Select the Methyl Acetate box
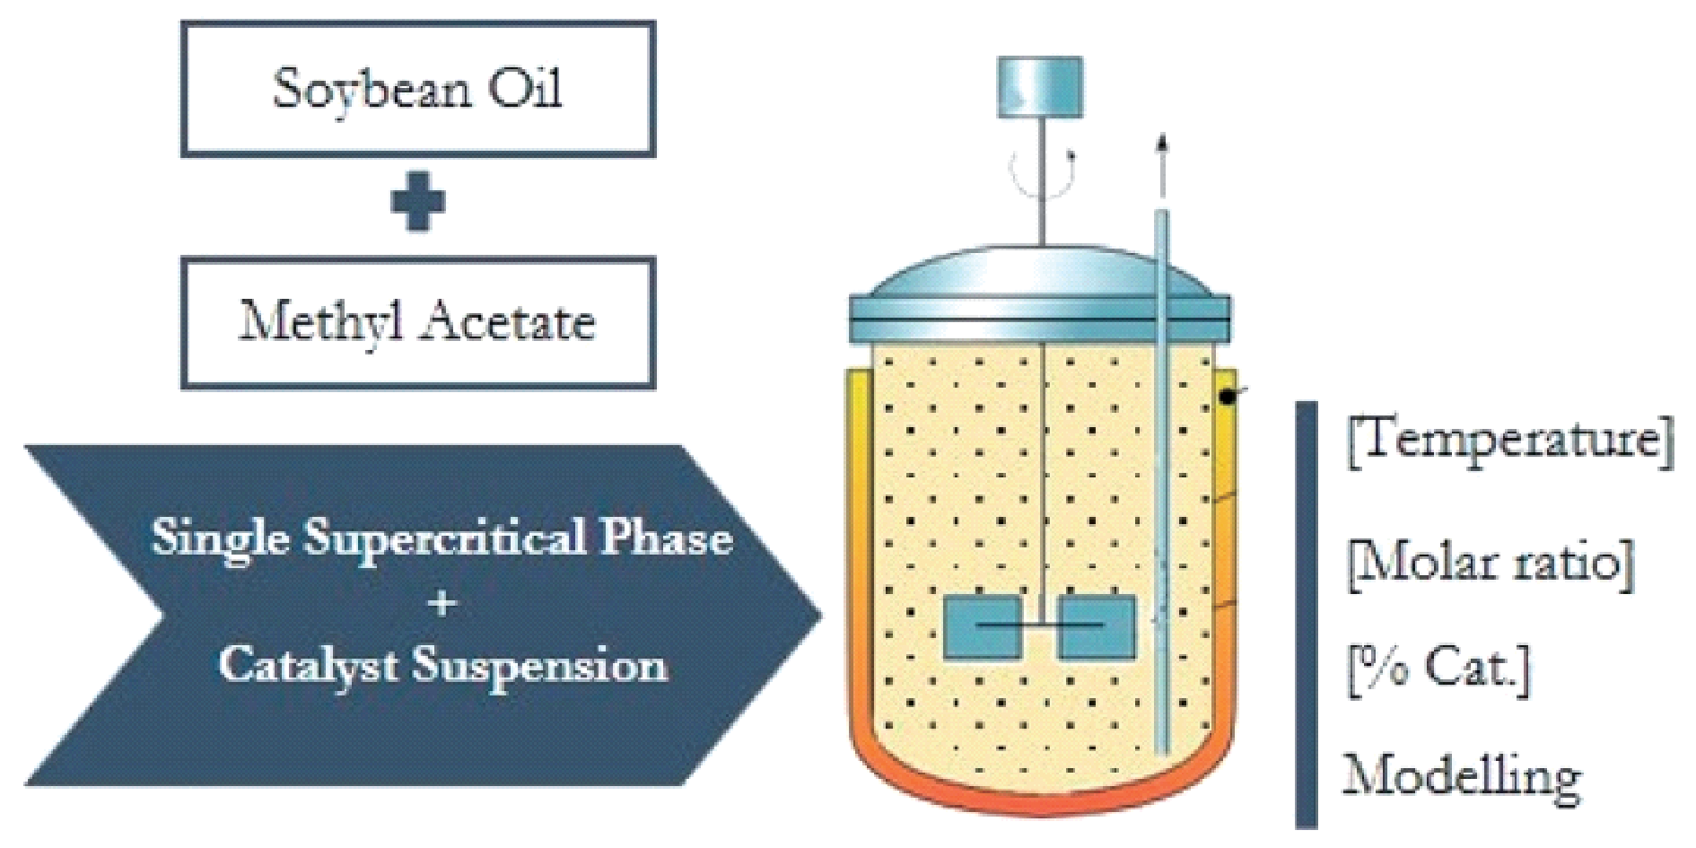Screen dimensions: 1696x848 coord(418,323)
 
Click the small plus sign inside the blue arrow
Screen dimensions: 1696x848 coord(441,604)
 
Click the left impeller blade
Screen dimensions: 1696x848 coord(984,626)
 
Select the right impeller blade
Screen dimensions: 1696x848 coord(1097,626)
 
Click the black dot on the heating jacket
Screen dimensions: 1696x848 coord(1225,395)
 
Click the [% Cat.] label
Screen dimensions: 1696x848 coord(1438,670)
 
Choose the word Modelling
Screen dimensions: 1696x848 coord(1461,776)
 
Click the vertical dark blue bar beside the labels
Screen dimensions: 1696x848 coord(1307,614)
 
